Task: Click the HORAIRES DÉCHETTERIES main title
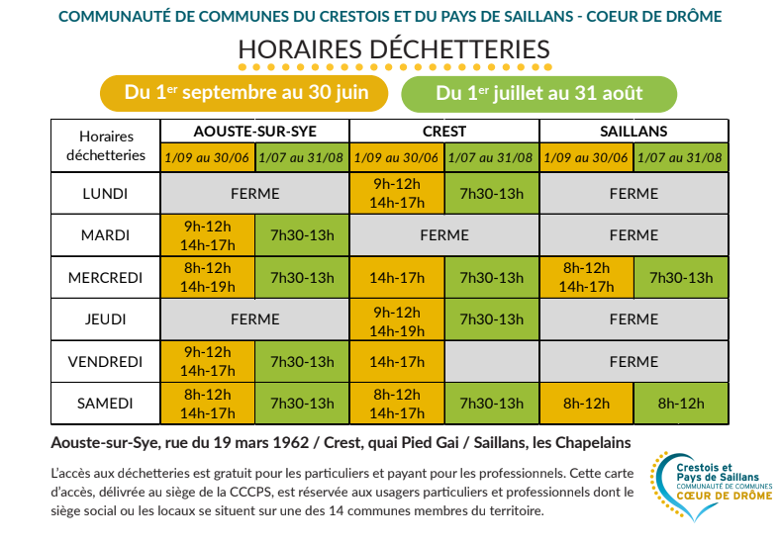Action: click(394, 49)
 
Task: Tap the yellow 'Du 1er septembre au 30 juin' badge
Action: click(244, 93)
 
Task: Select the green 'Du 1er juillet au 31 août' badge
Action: click(538, 94)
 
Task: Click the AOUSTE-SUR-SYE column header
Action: click(254, 132)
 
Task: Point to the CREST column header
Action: click(444, 132)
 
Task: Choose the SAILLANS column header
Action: click(634, 132)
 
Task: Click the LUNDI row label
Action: click(105, 194)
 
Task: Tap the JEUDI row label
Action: click(105, 319)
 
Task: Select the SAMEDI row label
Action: click(105, 404)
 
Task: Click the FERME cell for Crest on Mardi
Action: click(444, 235)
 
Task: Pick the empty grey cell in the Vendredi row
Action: click(492, 361)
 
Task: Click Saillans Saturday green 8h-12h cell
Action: click(681, 404)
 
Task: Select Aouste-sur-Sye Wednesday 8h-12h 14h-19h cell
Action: click(208, 278)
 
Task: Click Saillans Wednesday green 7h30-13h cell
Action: click(681, 278)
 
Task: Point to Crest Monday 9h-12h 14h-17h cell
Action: click(397, 194)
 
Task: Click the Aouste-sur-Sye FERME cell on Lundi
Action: click(254, 194)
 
